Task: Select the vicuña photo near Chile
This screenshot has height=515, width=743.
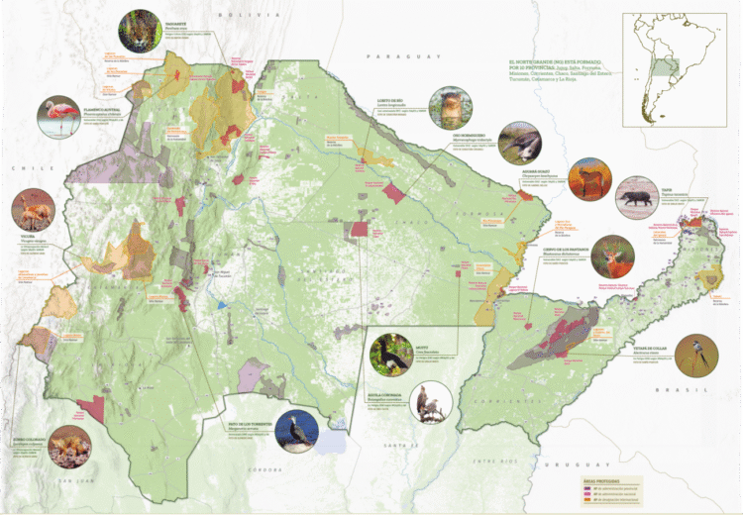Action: [x=29, y=209]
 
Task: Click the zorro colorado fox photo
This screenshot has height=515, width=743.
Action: [x=70, y=446]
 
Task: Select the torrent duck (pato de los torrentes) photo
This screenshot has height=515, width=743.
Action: [x=297, y=432]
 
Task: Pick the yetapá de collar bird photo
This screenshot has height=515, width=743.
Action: [x=696, y=354]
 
